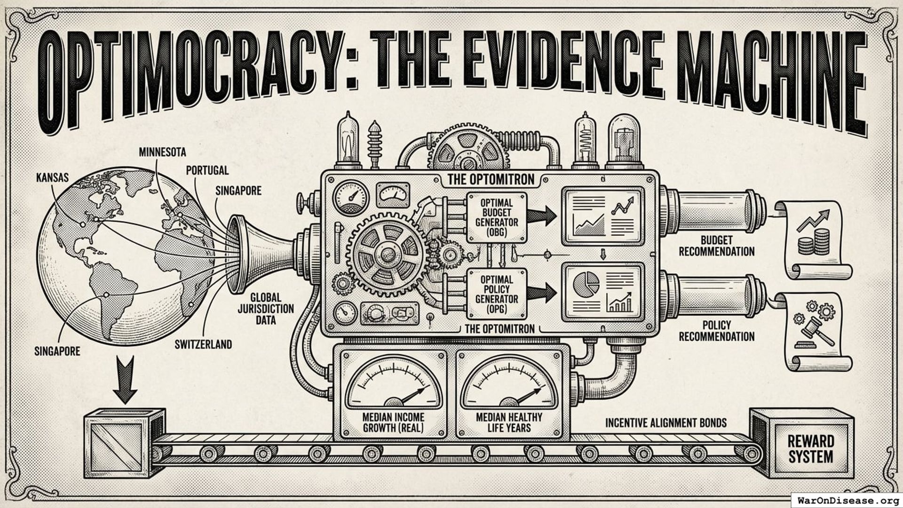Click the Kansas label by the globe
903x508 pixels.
click(52, 178)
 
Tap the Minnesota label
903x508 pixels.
click(162, 152)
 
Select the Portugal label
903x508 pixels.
click(207, 170)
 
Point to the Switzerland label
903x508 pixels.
click(203, 344)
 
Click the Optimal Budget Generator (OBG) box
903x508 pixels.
click(496, 217)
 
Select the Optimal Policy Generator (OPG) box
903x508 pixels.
click(496, 294)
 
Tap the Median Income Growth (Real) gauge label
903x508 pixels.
click(393, 422)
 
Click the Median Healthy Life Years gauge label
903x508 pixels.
click(509, 422)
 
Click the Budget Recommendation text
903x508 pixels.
click(716, 246)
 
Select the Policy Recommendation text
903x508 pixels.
click(716, 331)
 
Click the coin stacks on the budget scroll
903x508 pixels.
click(815, 242)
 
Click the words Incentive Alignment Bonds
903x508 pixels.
click(665, 423)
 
